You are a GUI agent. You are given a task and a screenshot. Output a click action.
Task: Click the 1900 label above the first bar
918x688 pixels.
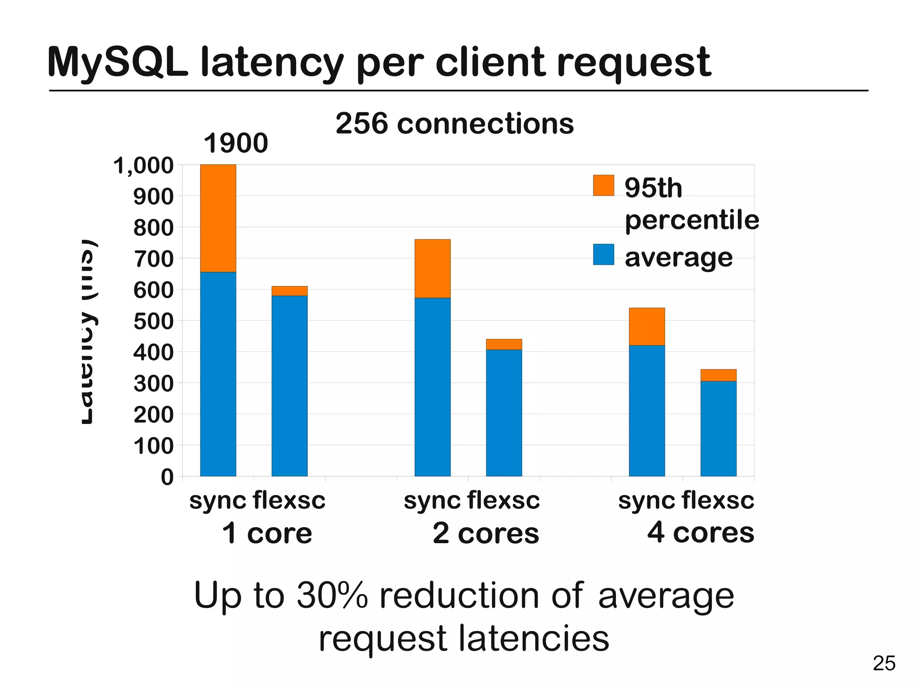click(x=236, y=143)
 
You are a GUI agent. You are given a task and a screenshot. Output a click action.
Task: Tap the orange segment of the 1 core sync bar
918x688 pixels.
click(x=218, y=218)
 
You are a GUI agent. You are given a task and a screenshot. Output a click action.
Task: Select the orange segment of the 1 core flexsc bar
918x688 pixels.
click(x=290, y=291)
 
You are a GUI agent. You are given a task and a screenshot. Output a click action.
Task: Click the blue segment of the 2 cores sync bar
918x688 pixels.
click(x=432, y=386)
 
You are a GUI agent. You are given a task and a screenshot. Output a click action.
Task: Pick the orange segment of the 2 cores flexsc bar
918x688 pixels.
click(x=504, y=344)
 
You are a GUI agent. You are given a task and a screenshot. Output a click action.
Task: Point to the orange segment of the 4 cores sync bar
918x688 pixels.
click(x=646, y=326)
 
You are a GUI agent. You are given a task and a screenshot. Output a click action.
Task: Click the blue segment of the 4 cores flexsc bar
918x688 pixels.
click(x=718, y=428)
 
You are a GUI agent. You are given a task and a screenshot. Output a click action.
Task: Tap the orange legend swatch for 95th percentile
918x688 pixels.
click(x=603, y=185)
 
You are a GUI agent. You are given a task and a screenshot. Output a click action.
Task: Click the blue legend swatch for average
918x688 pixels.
click(x=603, y=255)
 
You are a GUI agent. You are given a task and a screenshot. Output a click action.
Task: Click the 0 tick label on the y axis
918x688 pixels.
click(x=167, y=477)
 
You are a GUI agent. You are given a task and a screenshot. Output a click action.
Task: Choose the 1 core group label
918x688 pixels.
click(x=267, y=533)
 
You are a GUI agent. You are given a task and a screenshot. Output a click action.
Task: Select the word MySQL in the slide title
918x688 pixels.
click(x=117, y=63)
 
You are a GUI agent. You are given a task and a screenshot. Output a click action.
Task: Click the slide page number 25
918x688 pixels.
click(x=884, y=663)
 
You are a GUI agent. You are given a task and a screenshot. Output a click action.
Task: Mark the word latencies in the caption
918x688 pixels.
click(x=533, y=638)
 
